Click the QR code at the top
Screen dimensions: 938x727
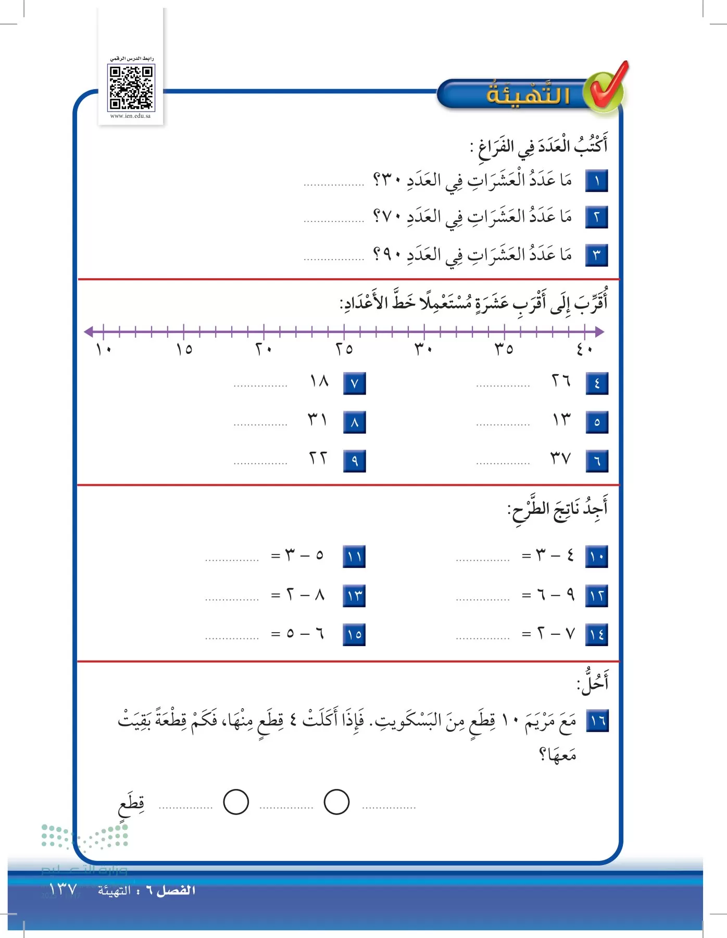pos(131,88)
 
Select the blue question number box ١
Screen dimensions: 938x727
pos(596,181)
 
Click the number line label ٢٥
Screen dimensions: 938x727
pos(344,349)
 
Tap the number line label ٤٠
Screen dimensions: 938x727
pos(584,349)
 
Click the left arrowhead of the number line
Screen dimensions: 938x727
pos(89,331)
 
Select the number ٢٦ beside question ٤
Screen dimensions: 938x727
pos(561,381)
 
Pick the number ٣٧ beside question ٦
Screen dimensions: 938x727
pos(560,459)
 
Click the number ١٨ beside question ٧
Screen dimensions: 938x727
pos(319,381)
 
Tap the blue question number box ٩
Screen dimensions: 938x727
pos(354,461)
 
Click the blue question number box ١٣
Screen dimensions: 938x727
pos(354,596)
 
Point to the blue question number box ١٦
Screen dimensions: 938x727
pos(597,722)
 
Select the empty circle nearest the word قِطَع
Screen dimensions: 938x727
pos(236,802)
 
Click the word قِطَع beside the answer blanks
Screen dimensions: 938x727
pos(131,805)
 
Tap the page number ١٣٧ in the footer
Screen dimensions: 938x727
pos(62,889)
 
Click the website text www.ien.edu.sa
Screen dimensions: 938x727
pos(130,116)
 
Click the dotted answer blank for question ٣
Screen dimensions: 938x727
pos(334,258)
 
